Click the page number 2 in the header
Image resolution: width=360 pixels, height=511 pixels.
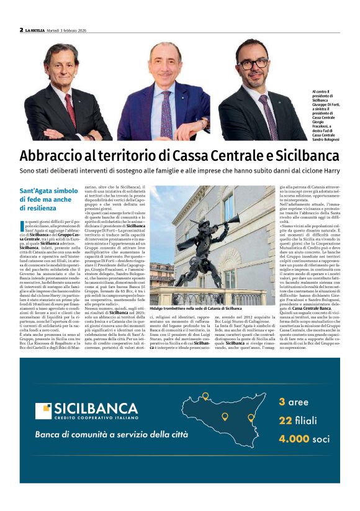point(21,29)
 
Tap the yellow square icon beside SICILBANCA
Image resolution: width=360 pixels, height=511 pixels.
point(43,411)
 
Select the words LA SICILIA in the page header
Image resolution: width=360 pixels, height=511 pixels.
point(39,30)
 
